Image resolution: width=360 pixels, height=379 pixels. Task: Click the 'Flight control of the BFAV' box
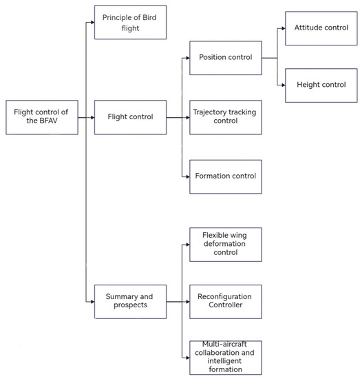point(41,116)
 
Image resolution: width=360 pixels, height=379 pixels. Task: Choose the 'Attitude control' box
point(321,28)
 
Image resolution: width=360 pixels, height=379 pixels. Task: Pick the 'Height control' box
point(321,85)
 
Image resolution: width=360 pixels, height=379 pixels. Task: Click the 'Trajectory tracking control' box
point(225,116)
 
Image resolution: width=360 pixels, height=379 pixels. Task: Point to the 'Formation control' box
point(225,176)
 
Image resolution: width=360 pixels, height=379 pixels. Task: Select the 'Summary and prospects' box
point(130,300)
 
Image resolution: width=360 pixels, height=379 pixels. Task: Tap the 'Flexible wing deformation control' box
point(225,244)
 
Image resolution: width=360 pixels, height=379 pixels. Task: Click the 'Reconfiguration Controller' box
point(225,300)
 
